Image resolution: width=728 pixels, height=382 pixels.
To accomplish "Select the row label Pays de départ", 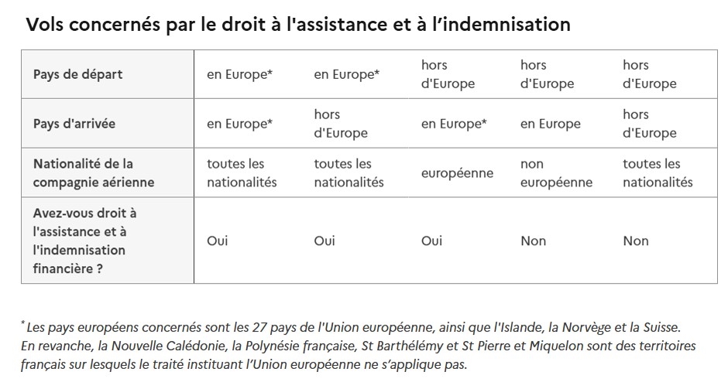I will [x=78, y=75].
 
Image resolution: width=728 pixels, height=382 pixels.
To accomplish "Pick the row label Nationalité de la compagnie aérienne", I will [x=84, y=173].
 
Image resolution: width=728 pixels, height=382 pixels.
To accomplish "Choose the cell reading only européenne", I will [x=457, y=173].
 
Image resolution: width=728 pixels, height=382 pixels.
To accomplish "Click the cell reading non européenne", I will [x=556, y=173].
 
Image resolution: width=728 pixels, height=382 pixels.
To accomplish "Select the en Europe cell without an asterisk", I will [x=550, y=124].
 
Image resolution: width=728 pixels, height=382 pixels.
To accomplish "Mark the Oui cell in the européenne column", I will [x=431, y=241].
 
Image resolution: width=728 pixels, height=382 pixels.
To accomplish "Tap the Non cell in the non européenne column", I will [x=533, y=241].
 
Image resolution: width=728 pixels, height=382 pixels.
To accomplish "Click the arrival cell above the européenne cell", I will [x=454, y=124].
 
